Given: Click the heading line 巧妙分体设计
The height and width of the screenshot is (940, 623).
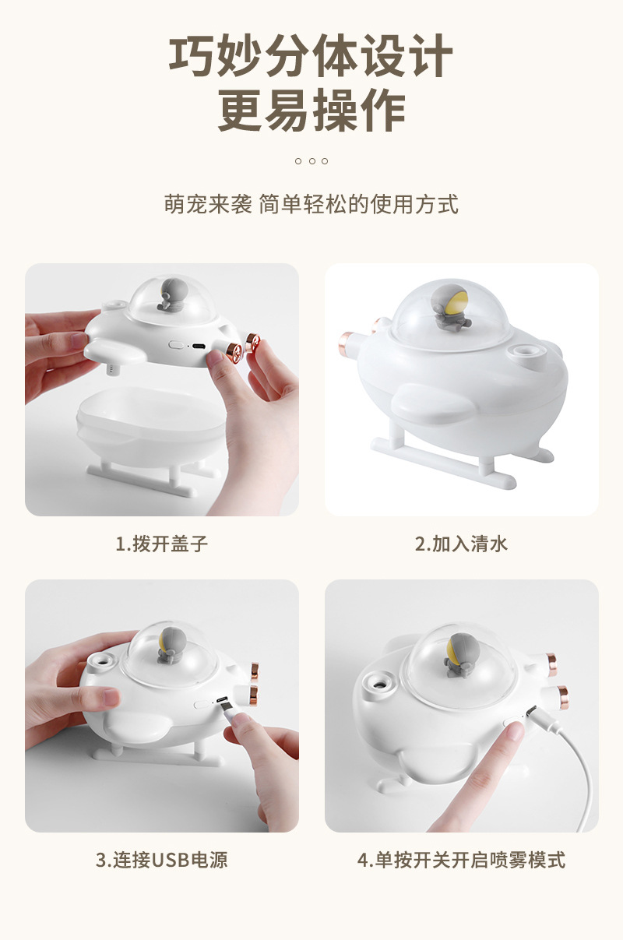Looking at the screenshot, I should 311,56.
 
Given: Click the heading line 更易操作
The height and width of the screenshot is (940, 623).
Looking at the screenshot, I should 311,111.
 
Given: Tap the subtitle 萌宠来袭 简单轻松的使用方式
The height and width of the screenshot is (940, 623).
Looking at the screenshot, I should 311,205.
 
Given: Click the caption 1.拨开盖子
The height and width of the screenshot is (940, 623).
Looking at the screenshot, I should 162,544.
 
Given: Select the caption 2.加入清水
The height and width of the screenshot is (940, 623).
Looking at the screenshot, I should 461,544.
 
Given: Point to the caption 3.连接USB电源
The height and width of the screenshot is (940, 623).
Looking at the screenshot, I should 162,861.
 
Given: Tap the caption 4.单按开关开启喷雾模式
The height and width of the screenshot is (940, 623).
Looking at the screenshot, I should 461,861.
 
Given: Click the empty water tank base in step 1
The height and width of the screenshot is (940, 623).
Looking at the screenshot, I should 148,424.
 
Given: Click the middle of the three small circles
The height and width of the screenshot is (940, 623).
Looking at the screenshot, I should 311,161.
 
